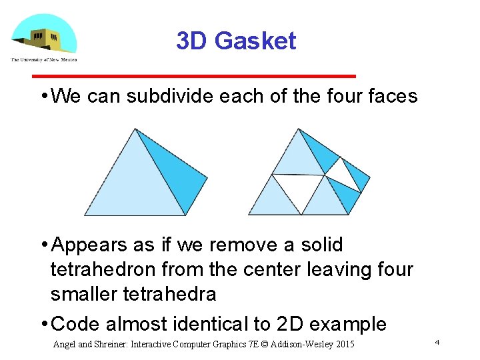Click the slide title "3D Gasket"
click(236, 41)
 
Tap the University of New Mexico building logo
click(43, 36)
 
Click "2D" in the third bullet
click(290, 324)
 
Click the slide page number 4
click(437, 342)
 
